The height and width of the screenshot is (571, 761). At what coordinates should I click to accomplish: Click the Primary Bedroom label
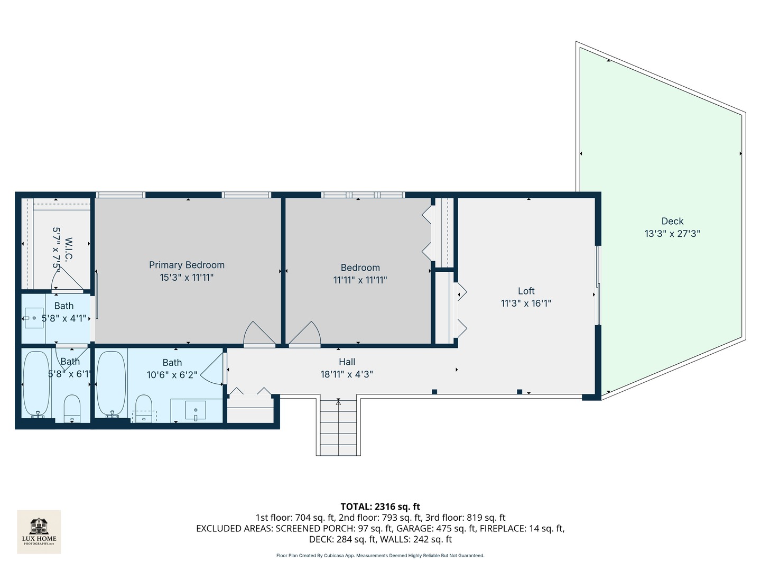tap(187, 265)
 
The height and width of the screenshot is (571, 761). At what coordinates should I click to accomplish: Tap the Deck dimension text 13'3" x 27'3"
tap(672, 234)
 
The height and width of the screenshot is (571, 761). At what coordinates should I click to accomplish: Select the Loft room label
tap(526, 291)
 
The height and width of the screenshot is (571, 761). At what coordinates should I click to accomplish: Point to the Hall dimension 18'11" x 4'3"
tap(347, 374)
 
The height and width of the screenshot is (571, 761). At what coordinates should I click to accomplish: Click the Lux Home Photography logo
tap(39, 531)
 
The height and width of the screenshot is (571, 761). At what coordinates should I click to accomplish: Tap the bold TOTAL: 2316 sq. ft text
tap(380, 506)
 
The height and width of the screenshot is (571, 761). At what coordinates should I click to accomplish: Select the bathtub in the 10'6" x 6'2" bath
tap(112, 383)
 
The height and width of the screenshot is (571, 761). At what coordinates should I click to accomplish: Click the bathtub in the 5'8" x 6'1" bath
tap(37, 383)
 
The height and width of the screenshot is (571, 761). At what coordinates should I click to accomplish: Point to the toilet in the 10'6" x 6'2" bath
tap(144, 408)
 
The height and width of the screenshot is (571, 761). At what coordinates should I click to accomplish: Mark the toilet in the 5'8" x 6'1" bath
tap(72, 408)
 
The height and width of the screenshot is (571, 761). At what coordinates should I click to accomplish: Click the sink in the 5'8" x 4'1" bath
tap(34, 318)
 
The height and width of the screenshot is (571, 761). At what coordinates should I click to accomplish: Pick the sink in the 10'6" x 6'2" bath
tap(196, 410)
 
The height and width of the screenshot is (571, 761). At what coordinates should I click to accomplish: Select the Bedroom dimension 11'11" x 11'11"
tap(360, 280)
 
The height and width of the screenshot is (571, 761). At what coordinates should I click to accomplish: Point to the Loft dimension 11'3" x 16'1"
tap(526, 303)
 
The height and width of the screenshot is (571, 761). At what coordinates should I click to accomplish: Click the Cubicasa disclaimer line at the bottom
tap(380, 556)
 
